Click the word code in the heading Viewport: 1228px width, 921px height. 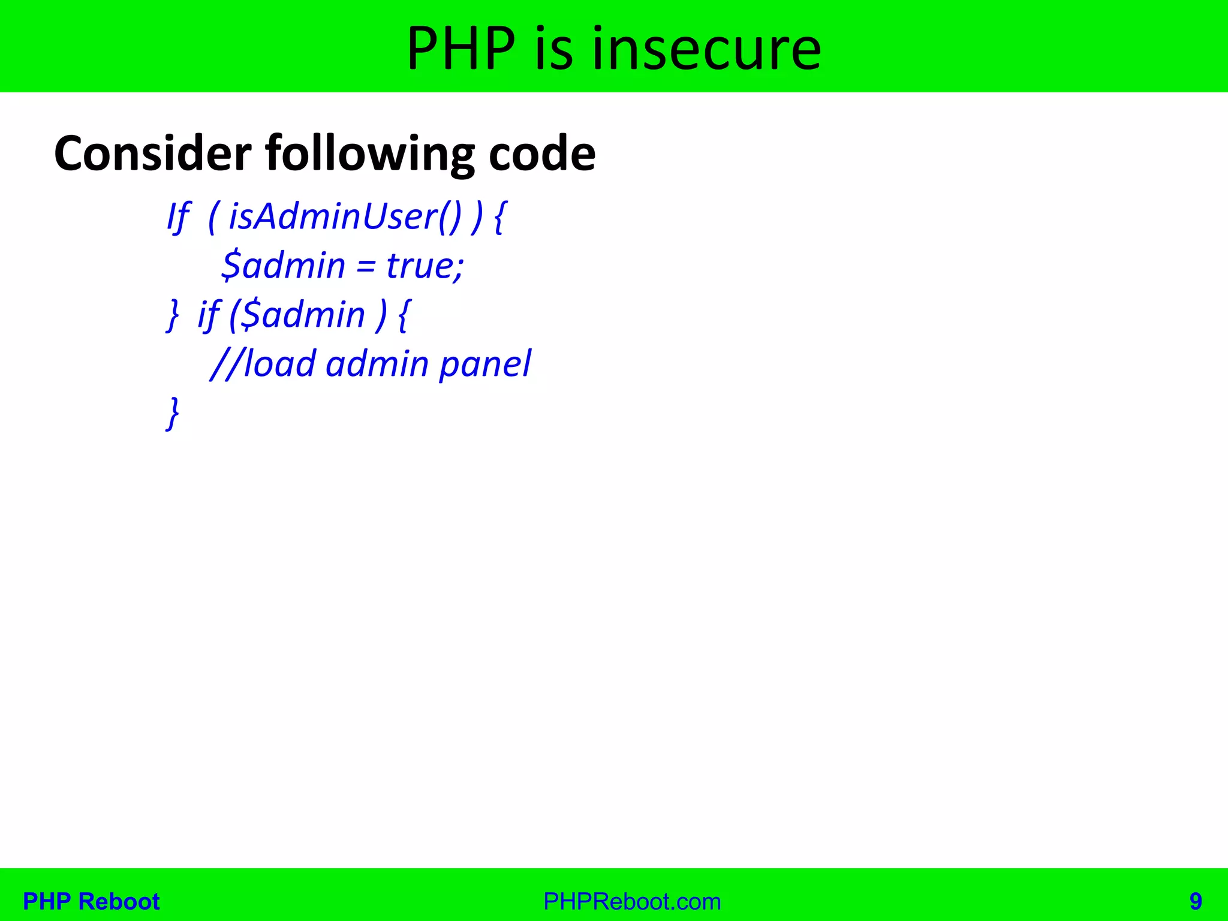(x=541, y=153)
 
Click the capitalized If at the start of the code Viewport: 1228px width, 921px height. (x=178, y=216)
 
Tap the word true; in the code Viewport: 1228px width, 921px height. (x=425, y=266)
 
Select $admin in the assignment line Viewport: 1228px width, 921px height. (x=283, y=266)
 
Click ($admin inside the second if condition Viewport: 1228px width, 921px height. (x=297, y=315)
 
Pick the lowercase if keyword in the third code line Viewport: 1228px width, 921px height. (x=208, y=315)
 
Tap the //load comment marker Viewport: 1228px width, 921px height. (x=263, y=364)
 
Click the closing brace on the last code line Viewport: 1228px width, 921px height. (x=173, y=413)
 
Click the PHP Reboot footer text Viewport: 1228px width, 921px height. (x=91, y=901)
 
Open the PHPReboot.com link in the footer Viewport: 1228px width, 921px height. (x=632, y=901)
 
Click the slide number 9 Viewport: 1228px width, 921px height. (x=1196, y=901)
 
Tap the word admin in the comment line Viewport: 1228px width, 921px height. (x=377, y=364)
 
